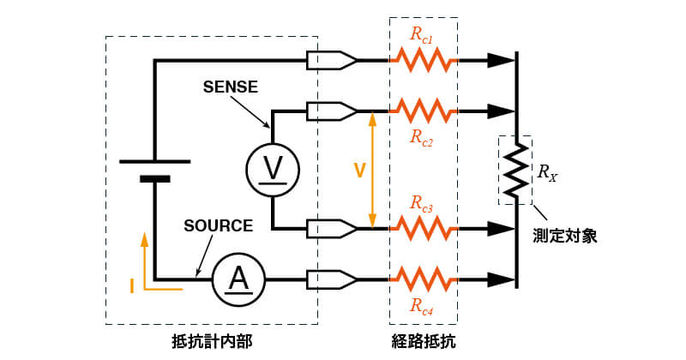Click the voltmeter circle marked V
pyautogui.click(x=273, y=169)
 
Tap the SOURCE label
pyautogui.click(x=219, y=226)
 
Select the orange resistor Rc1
pyautogui.click(x=424, y=61)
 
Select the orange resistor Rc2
pyautogui.click(x=424, y=111)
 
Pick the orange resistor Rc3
pyautogui.click(x=424, y=229)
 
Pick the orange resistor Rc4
pyautogui.click(x=424, y=279)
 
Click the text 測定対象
pyautogui.click(x=563, y=236)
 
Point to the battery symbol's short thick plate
pyautogui.click(x=154, y=179)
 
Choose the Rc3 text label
pyautogui.click(x=421, y=205)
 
